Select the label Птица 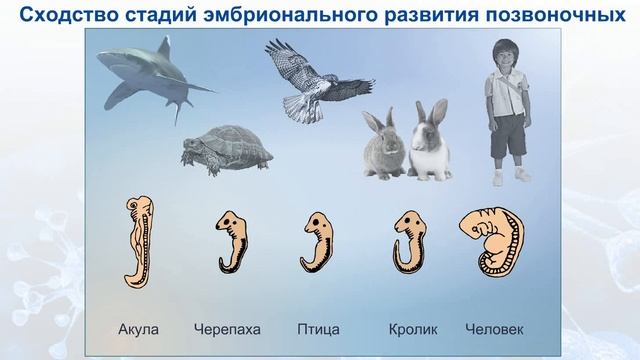(319, 328)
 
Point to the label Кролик (413, 328)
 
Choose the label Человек (494, 328)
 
